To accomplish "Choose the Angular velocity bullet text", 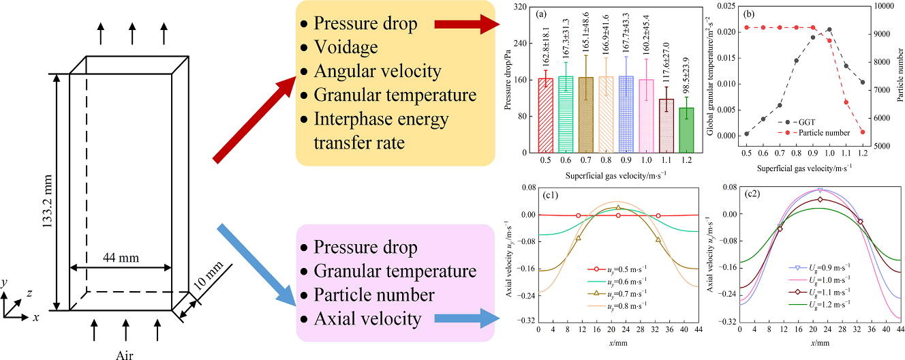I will tap(377, 71).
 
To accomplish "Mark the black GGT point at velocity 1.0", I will tap(829, 30).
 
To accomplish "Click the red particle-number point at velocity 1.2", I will tap(863, 132).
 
